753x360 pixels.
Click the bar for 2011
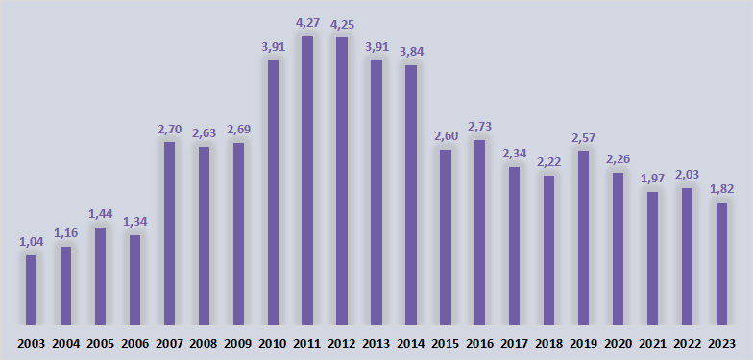click(x=307, y=180)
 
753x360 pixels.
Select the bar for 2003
click(x=31, y=290)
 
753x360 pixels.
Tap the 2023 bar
click(x=722, y=264)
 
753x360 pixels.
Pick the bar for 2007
click(x=169, y=234)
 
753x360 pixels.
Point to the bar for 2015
click(x=446, y=238)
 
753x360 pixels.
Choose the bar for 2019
click(x=584, y=238)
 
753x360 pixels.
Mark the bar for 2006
click(x=134, y=280)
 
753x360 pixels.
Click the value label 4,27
click(x=307, y=24)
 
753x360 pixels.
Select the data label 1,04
click(x=31, y=242)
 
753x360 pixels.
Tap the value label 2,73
click(x=480, y=127)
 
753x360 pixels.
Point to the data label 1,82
click(x=722, y=189)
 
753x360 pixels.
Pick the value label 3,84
click(x=411, y=52)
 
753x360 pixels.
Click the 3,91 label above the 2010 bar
click(x=273, y=48)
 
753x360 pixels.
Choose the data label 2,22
click(x=549, y=163)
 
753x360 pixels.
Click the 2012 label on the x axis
click(x=342, y=344)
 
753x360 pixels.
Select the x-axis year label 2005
click(x=100, y=344)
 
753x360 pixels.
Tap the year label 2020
click(x=619, y=344)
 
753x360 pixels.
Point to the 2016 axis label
click(x=480, y=344)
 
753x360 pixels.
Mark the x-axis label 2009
click(x=238, y=344)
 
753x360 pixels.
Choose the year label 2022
click(x=688, y=344)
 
